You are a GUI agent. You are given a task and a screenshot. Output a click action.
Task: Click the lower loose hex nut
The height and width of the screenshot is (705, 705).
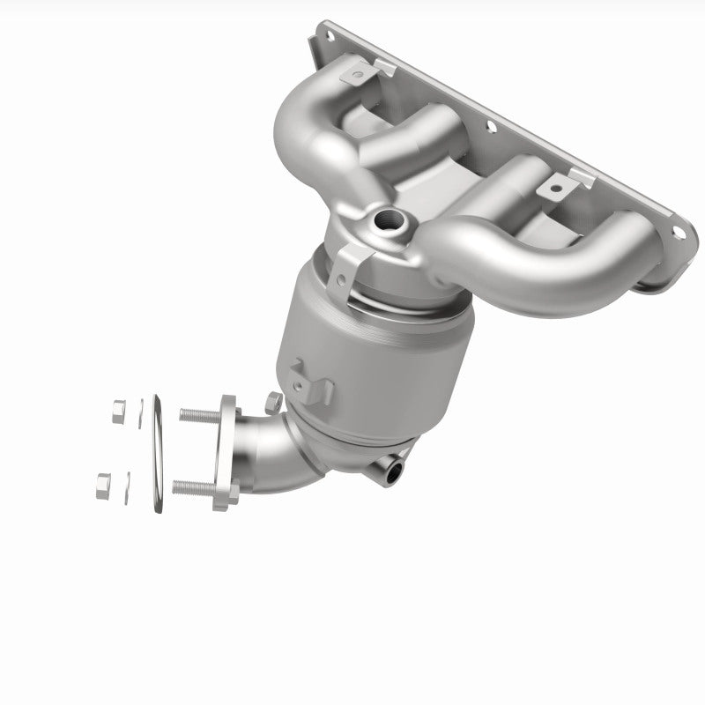tap(102, 482)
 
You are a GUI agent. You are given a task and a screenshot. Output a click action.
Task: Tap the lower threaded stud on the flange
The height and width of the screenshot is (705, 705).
tap(192, 486)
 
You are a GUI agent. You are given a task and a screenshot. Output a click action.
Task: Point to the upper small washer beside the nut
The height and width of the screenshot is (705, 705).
tap(139, 412)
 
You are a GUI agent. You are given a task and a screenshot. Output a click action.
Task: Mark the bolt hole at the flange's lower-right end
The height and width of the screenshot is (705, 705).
tap(678, 233)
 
